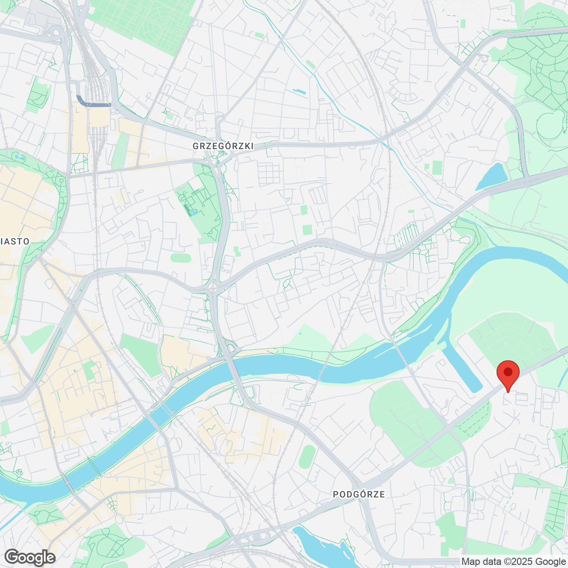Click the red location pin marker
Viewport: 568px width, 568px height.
pos(508,373)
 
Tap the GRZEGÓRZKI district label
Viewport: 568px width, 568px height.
pos(223,146)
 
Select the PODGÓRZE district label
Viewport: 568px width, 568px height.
pos(359,494)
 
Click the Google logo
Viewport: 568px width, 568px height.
pos(30,557)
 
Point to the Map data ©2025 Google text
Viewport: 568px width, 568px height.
pos(513,561)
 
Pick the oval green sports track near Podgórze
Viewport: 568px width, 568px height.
pos(307,457)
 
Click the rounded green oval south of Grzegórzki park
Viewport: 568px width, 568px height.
pos(181,258)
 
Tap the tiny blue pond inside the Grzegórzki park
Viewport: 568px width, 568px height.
pos(193,212)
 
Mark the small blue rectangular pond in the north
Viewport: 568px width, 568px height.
pos(299,91)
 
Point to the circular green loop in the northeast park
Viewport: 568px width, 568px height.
pos(550,124)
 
